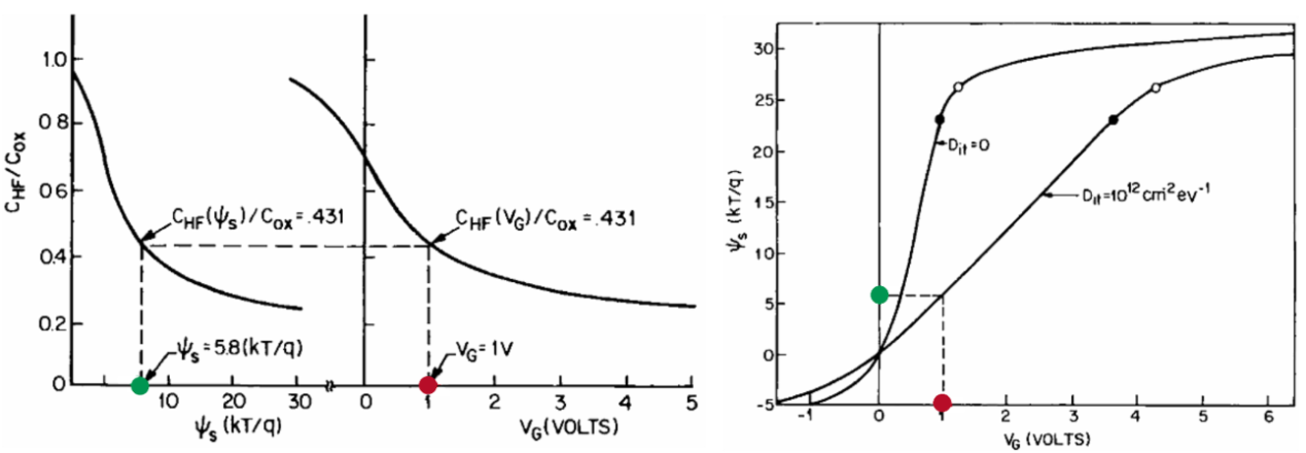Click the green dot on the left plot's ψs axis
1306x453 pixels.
coord(140,384)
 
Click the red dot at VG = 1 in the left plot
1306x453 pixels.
coord(427,384)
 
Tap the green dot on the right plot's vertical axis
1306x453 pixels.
coord(879,295)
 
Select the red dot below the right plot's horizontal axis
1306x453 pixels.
coord(942,403)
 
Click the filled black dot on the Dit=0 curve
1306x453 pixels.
coord(939,120)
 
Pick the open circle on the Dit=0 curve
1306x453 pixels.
coord(958,86)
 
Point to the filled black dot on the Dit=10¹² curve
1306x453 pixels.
coord(1112,120)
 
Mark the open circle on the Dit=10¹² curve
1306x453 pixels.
coord(1156,87)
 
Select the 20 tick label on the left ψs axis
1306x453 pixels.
coord(233,401)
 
